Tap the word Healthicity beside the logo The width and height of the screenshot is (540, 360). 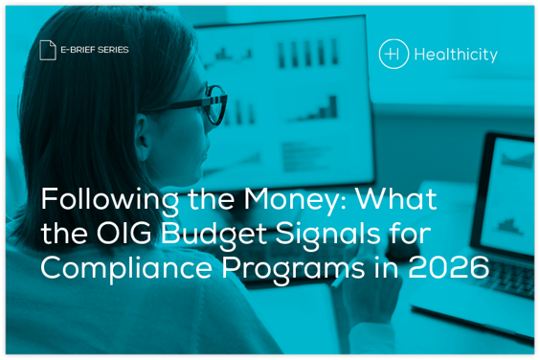[456, 55]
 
